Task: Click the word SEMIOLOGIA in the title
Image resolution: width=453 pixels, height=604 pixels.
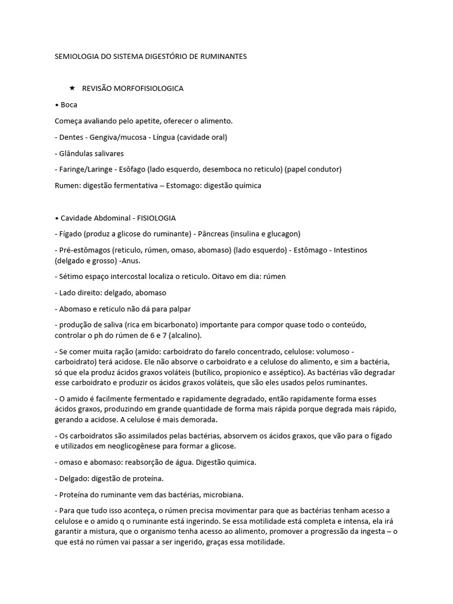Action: [x=75, y=57]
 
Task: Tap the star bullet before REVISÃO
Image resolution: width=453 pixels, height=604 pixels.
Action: [x=72, y=88]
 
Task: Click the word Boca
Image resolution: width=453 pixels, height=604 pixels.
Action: [x=69, y=105]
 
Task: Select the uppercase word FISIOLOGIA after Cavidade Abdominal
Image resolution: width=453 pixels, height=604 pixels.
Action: [x=156, y=218]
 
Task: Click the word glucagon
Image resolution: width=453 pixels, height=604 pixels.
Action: [x=284, y=234]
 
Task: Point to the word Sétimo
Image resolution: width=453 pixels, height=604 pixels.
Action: [x=73, y=276]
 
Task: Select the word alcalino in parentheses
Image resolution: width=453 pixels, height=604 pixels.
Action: [x=183, y=336]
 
